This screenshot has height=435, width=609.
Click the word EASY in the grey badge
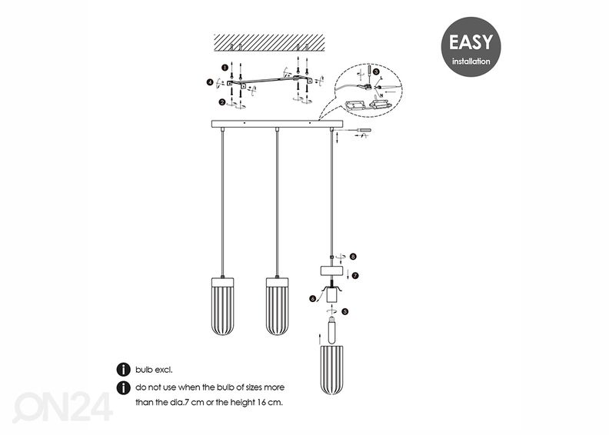pyautogui.click(x=471, y=42)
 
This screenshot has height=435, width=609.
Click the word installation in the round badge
pyautogui.click(x=471, y=61)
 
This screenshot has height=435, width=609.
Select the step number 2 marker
pyautogui.click(x=222, y=101)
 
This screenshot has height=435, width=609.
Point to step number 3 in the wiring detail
pyautogui.click(x=375, y=71)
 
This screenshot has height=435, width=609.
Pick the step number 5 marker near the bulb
pyautogui.click(x=345, y=312)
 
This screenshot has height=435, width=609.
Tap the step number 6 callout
pyautogui.click(x=313, y=298)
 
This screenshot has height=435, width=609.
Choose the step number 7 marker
pyautogui.click(x=355, y=274)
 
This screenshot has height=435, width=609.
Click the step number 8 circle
pyautogui.click(x=352, y=257)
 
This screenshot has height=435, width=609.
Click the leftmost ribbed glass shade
pyautogui.click(x=222, y=307)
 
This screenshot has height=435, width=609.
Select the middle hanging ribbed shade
pyautogui.click(x=277, y=307)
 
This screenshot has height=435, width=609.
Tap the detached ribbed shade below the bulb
pyautogui.click(x=332, y=369)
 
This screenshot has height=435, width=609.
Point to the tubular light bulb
pyautogui.click(x=332, y=331)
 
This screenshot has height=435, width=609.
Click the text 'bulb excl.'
pyautogui.click(x=154, y=370)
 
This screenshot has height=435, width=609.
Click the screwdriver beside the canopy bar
pyautogui.click(x=361, y=131)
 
